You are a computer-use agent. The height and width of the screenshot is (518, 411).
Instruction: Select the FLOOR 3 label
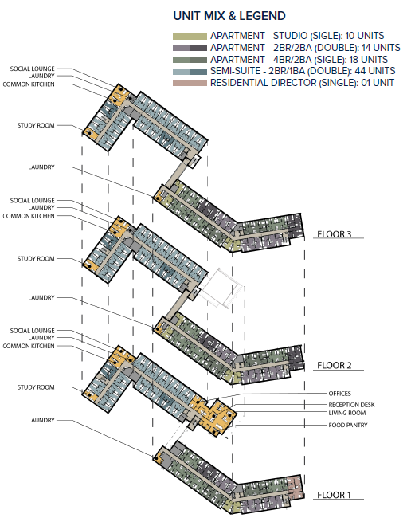[x=335, y=234]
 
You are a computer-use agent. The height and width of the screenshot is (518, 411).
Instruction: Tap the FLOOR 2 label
[x=335, y=366]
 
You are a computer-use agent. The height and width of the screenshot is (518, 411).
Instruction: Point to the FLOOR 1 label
[x=335, y=495]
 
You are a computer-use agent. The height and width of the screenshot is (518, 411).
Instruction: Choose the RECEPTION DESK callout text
[x=350, y=404]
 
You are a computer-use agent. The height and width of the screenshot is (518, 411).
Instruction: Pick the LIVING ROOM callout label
[x=346, y=414]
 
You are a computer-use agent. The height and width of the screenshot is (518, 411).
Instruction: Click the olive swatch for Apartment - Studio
[x=190, y=37]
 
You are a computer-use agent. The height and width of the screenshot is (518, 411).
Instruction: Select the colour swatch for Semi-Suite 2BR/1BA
[x=190, y=71]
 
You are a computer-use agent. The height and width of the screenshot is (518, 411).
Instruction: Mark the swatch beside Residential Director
[x=190, y=82]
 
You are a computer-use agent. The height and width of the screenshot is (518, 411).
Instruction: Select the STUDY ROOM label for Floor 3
[x=36, y=126]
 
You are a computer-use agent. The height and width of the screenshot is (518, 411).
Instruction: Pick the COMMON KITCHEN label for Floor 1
[x=28, y=346]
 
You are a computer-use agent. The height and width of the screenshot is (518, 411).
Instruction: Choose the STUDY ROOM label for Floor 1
[x=36, y=387]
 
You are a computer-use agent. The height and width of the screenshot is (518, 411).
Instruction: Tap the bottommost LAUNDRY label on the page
[x=41, y=420]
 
